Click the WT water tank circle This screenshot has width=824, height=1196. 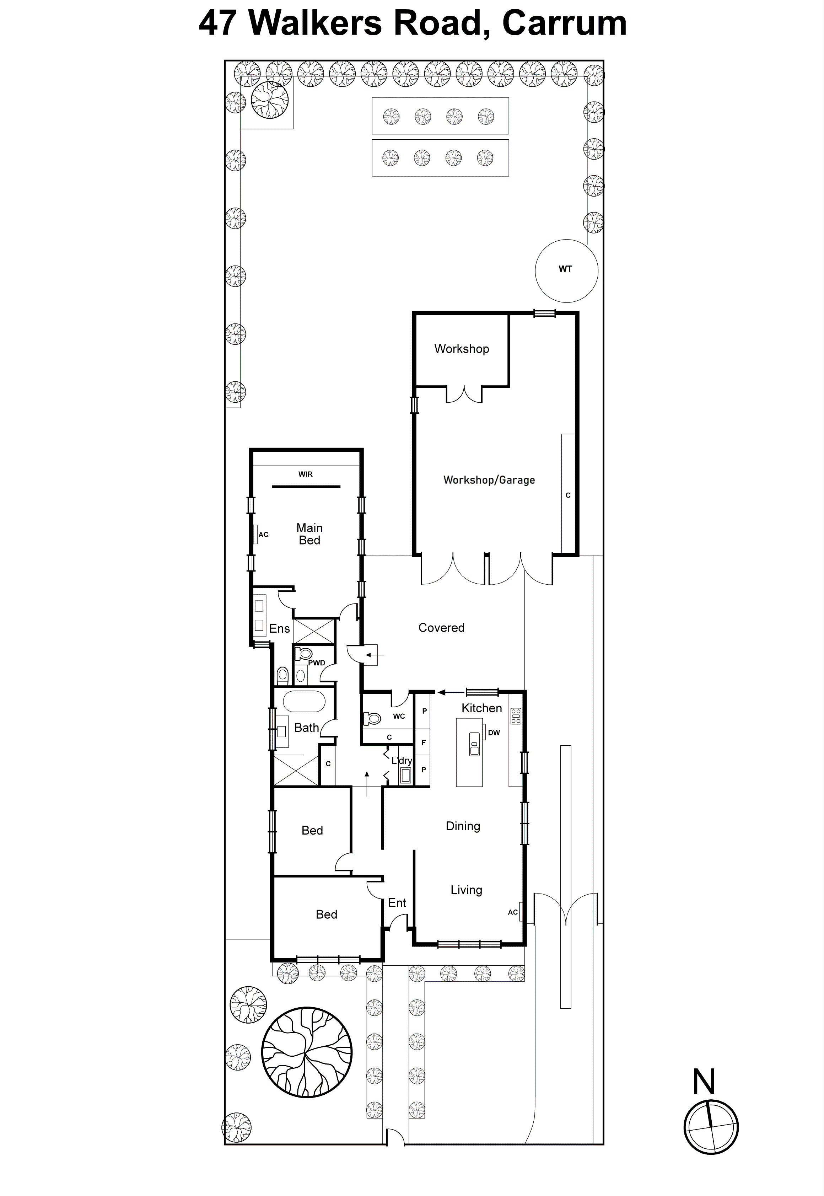[566, 270]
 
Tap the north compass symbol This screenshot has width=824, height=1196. [711, 1127]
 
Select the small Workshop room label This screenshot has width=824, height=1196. [462, 349]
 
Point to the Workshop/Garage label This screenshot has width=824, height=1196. [489, 480]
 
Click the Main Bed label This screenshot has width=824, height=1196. [309, 534]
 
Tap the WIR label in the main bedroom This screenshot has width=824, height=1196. [305, 474]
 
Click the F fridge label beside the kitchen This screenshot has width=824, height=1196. [423, 742]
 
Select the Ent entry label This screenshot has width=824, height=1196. [397, 903]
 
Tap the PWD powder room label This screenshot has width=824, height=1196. [317, 663]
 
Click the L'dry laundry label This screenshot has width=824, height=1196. [401, 760]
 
